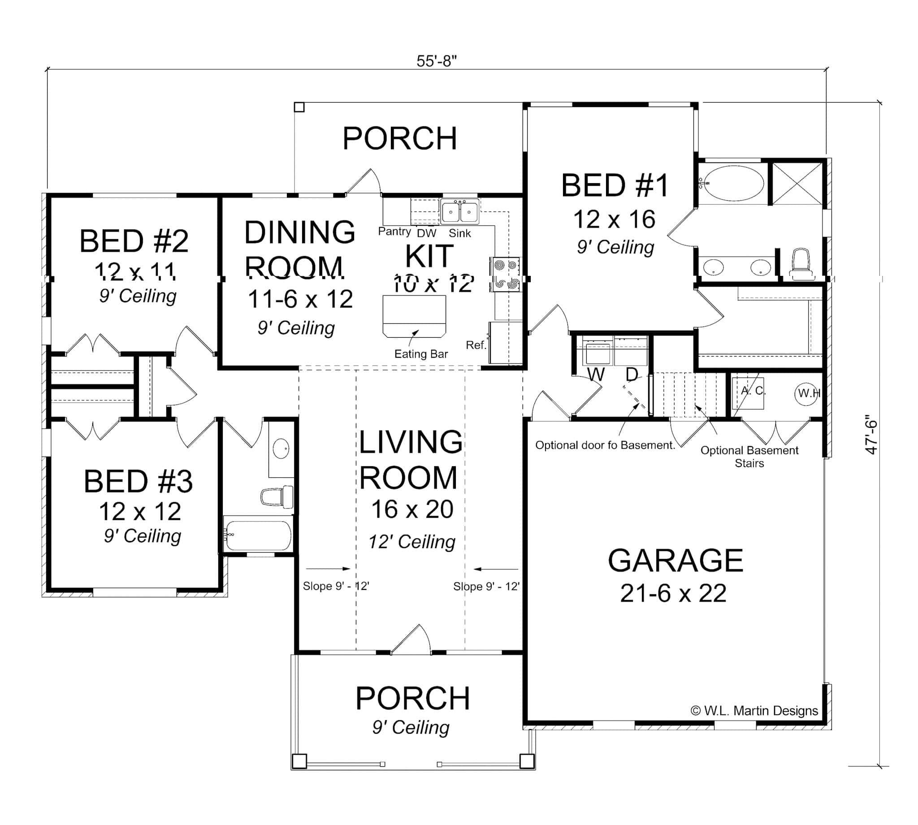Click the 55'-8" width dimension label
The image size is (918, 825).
[x=436, y=61]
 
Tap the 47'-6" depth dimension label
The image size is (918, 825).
[x=871, y=434]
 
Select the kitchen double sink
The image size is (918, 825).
[x=459, y=212]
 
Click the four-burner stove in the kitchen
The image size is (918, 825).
[x=506, y=274]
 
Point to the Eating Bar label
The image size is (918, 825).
[x=420, y=354]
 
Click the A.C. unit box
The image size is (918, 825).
[x=748, y=392]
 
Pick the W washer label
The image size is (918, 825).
[x=596, y=374]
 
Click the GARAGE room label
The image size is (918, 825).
[x=675, y=561]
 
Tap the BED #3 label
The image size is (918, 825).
[x=138, y=481]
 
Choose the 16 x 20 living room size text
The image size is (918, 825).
[x=412, y=510]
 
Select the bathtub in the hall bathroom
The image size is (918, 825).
[x=258, y=535]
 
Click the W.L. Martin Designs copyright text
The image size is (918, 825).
[x=754, y=711]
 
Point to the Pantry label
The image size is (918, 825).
[x=394, y=232]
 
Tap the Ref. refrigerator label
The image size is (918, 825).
[x=476, y=345]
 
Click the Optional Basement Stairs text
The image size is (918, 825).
[x=749, y=456]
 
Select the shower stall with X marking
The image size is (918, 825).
[x=797, y=183]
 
